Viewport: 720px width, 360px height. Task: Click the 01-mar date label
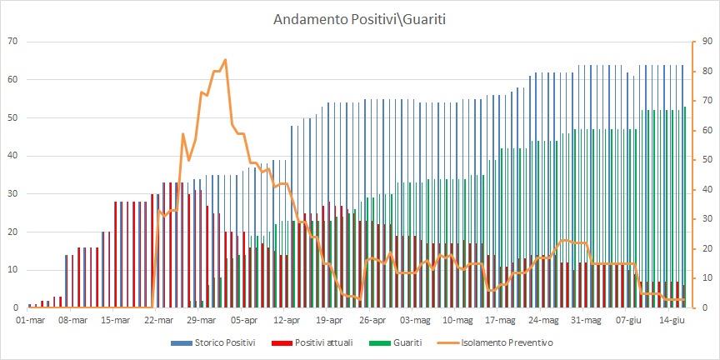tap(30, 320)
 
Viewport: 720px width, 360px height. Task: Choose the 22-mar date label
tap(158, 320)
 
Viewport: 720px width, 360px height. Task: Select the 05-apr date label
tap(244, 320)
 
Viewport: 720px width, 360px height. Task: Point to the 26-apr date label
tap(372, 320)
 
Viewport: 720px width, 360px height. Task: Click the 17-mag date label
tap(501, 320)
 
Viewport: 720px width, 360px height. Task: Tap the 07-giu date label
tap(629, 320)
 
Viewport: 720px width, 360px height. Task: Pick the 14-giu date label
tap(672, 320)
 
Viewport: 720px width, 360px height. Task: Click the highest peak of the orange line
tap(225, 60)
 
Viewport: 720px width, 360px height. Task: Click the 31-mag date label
tap(586, 320)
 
